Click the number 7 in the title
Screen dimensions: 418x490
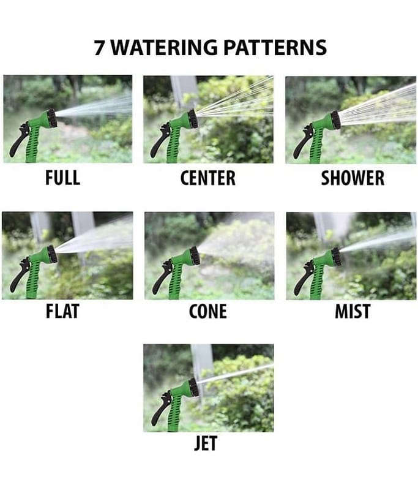tap(99, 48)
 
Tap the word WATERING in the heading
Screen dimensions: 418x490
tap(164, 48)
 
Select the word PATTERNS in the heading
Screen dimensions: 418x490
tap(275, 48)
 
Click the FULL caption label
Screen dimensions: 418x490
tap(63, 178)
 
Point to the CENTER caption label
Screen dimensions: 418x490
tap(208, 178)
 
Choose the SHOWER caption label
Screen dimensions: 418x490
tap(353, 178)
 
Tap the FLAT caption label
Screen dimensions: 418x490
tap(62, 311)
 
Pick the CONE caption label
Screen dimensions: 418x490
tap(208, 311)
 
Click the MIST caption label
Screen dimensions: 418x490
tap(353, 311)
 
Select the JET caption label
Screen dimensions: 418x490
tap(206, 443)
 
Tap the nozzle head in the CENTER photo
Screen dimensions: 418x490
tap(193, 118)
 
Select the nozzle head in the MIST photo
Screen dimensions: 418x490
tap(336, 256)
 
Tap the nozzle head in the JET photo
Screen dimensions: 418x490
tap(194, 387)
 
